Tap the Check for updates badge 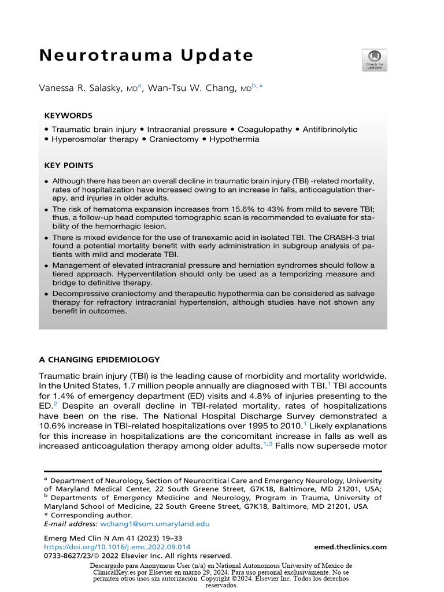[375, 60]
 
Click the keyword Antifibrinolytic [330, 129]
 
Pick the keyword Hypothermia [234, 139]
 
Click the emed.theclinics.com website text [350, 547]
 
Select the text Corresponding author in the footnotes [83, 515]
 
